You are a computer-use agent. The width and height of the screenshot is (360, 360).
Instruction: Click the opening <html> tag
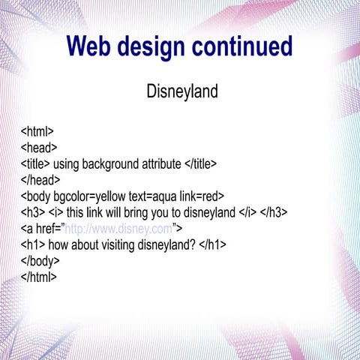(x=37, y=131)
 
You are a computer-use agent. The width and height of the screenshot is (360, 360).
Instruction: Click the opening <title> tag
(x=35, y=163)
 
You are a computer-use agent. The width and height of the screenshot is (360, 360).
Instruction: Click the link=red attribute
(x=203, y=196)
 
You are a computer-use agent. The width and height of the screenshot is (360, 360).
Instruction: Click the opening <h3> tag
(x=33, y=212)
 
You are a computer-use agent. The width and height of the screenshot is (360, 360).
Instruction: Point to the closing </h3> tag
(x=274, y=212)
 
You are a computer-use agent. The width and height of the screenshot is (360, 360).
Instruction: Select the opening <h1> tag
(x=33, y=244)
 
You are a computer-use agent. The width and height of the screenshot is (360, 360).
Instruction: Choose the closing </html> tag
(x=39, y=277)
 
